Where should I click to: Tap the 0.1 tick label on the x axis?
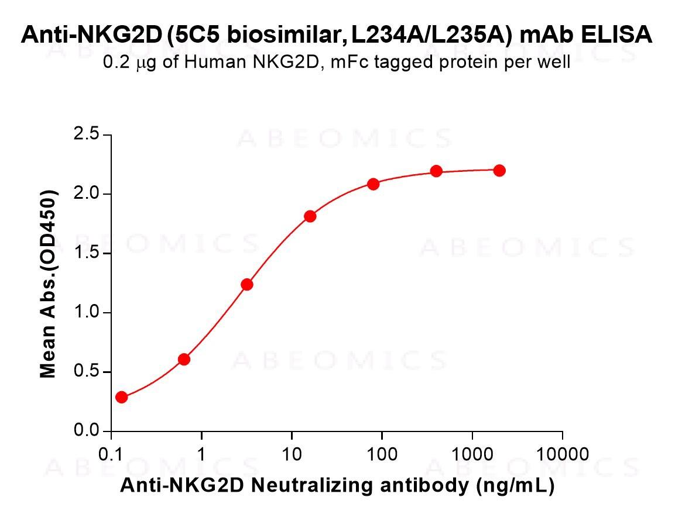click(111, 454)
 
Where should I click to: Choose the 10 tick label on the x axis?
click(292, 454)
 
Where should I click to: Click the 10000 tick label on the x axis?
click(562, 454)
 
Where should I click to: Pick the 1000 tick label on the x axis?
click(472, 454)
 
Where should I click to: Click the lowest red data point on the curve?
click(121, 398)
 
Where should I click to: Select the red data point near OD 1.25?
click(247, 285)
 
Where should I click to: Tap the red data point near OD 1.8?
click(310, 216)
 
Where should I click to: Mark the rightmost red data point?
click(499, 171)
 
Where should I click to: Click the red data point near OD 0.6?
click(184, 359)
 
